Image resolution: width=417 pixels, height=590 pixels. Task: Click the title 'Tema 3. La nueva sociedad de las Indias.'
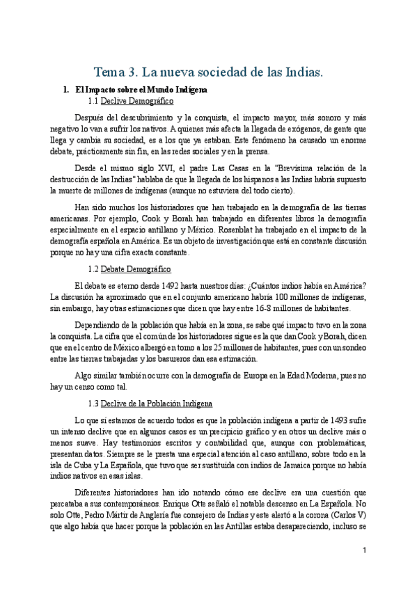pos(208,72)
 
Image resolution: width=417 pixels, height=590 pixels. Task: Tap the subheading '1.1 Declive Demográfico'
pos(130,102)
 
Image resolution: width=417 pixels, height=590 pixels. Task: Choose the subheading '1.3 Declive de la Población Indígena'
pos(150,404)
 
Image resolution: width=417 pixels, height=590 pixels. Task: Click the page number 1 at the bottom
pos(364,550)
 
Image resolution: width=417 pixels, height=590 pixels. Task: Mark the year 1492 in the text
pos(167,285)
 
